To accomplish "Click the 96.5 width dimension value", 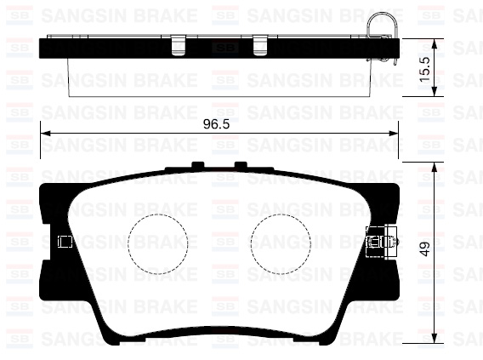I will tap(217, 125).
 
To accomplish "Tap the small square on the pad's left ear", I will tap(62, 242).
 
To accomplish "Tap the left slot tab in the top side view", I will tap(178, 44).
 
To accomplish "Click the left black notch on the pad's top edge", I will tap(197, 165).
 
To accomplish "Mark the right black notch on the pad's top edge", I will tap(241, 165).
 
